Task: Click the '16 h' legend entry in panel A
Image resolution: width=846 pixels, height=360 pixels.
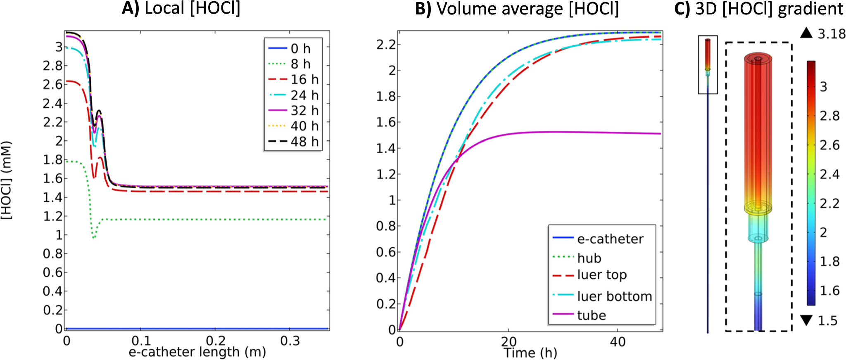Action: coord(304,79)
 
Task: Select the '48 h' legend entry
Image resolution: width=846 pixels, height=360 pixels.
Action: coord(304,142)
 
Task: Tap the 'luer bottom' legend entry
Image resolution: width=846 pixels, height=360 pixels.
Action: coord(614,296)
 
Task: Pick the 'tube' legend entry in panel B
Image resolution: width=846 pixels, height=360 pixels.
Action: coord(591,315)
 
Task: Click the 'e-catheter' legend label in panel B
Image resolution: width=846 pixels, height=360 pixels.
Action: coord(610,239)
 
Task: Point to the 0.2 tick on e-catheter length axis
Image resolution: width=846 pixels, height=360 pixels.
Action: coord(215,341)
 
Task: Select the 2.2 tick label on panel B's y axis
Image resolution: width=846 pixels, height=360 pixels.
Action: coord(386,44)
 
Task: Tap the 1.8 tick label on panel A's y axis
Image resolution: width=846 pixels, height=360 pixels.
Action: coord(53,159)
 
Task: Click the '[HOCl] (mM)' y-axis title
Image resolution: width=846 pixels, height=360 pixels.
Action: coord(7,180)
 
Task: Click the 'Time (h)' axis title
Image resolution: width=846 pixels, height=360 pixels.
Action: coord(530,353)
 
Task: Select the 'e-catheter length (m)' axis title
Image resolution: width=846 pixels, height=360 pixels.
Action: coord(197,352)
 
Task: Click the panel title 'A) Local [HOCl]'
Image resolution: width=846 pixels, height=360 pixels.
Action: coord(181,9)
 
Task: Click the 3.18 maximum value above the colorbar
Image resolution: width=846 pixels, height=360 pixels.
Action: coord(832,34)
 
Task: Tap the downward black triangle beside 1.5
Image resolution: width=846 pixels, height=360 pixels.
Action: coord(806,320)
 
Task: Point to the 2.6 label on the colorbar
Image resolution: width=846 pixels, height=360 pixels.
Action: coord(829,145)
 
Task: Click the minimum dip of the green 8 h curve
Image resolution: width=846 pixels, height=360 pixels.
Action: coord(94,238)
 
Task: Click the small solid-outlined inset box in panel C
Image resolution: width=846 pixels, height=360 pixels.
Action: coord(708,65)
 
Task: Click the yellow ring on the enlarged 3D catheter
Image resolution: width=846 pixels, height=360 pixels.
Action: coord(758,208)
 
